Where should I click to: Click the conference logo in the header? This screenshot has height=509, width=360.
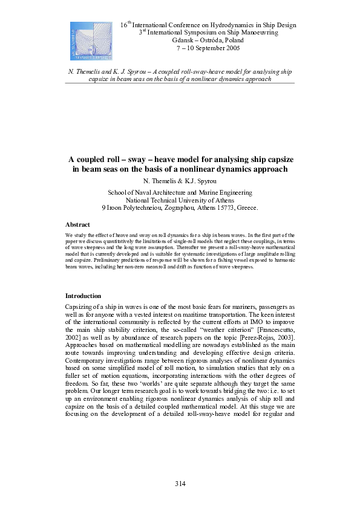[91, 42]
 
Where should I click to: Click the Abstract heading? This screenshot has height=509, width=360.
[77, 224]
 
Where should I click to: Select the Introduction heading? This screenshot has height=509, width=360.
[83, 296]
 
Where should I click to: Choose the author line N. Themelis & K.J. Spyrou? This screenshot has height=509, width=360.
[180, 181]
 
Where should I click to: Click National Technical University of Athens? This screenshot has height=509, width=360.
[180, 199]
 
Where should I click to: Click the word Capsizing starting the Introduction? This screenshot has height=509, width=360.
[82, 307]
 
